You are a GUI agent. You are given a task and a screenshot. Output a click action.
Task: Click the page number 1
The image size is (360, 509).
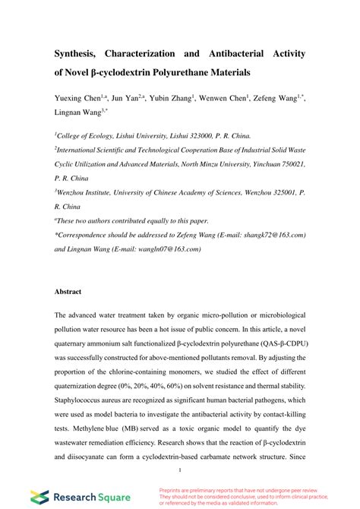[180, 458]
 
